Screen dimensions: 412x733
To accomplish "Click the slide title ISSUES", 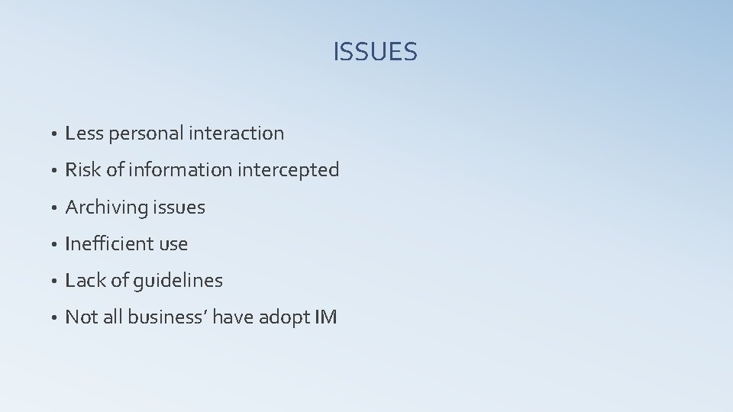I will (x=375, y=52).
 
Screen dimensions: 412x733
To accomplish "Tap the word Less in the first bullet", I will (x=85, y=134).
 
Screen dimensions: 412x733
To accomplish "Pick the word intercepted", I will (x=288, y=170).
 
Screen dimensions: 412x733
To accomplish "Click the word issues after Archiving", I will (x=179, y=208).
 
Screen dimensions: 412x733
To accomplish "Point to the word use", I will (x=172, y=244).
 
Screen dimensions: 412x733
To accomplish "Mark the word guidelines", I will (x=178, y=281).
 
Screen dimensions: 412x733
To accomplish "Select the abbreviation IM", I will (x=325, y=317).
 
